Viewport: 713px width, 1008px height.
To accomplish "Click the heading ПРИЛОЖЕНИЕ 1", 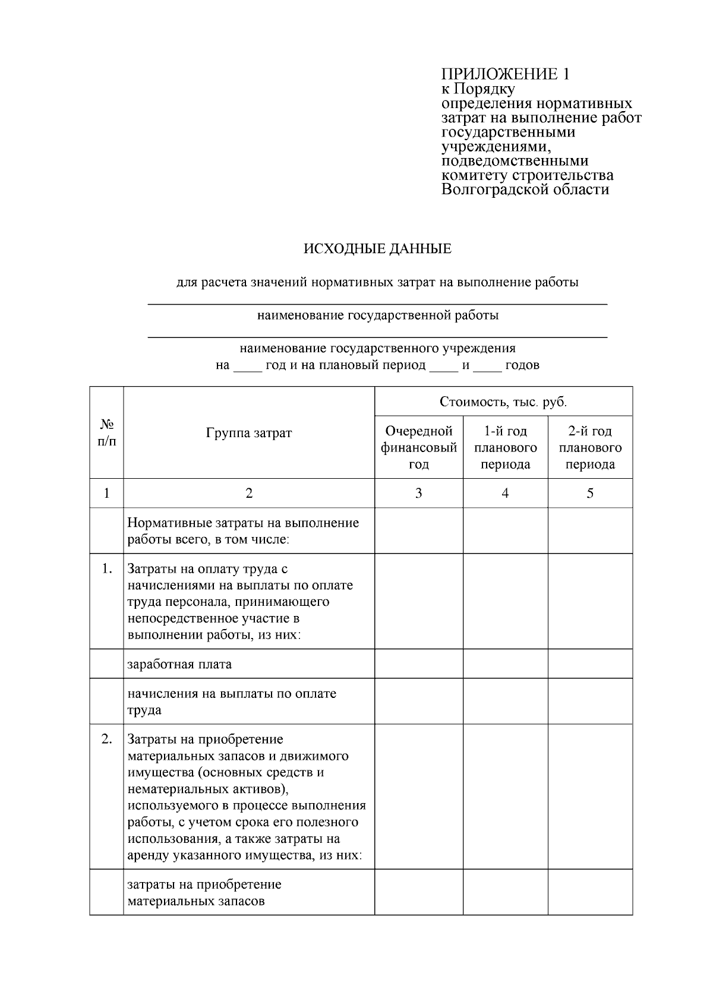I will [505, 74].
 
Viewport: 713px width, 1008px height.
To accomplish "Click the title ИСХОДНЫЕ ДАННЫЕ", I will [377, 249].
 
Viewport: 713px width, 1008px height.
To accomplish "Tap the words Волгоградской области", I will [525, 190].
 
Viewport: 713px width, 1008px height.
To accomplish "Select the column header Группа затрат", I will [249, 433].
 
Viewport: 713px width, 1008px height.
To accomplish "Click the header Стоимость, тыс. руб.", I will [503, 402].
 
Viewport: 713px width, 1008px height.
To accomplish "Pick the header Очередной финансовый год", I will [419, 448].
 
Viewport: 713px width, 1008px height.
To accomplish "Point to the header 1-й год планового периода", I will [505, 448].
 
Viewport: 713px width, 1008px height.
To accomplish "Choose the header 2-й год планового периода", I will [590, 448].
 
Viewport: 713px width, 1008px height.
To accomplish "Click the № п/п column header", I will [106, 433].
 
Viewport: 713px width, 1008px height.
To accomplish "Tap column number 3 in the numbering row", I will [419, 493].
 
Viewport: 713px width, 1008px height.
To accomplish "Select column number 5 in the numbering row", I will [590, 493].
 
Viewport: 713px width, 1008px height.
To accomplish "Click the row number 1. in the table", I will [106, 569].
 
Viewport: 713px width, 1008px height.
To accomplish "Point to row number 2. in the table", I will [106, 740].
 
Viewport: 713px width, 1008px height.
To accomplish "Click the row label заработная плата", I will [179, 664].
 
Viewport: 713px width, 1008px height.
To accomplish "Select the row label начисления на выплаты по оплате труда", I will [232, 702].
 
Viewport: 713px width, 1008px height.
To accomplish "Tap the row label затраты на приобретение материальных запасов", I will [204, 893].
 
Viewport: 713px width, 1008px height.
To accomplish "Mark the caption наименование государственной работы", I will [377, 315].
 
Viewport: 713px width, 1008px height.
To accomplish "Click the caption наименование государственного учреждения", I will [377, 349].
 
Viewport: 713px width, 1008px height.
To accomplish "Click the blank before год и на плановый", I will [247, 366].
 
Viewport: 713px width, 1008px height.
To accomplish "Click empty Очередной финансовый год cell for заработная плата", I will [419, 663].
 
